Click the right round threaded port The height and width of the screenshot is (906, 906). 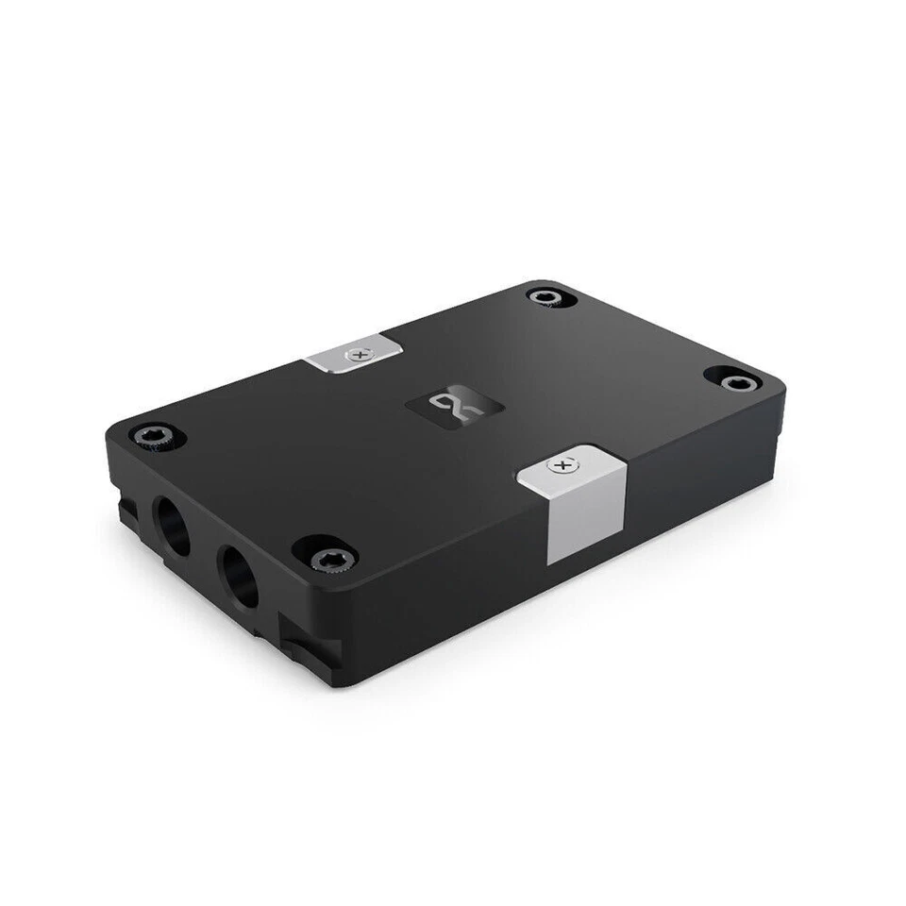[239, 577]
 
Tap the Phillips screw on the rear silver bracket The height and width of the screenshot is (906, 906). [357, 355]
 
